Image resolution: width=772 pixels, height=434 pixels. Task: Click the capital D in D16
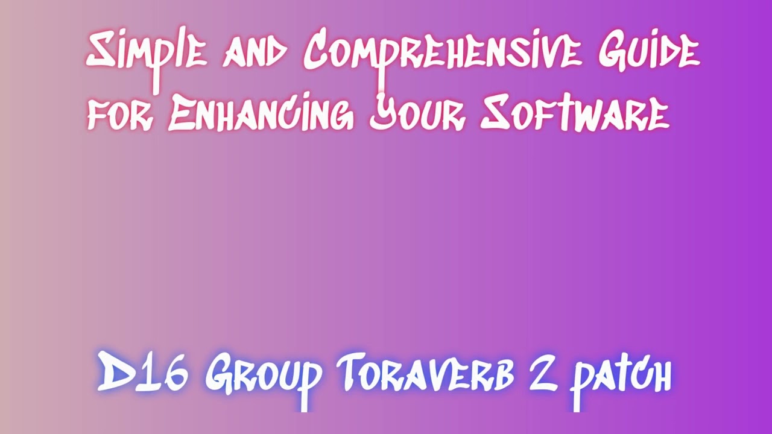click(115, 373)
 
